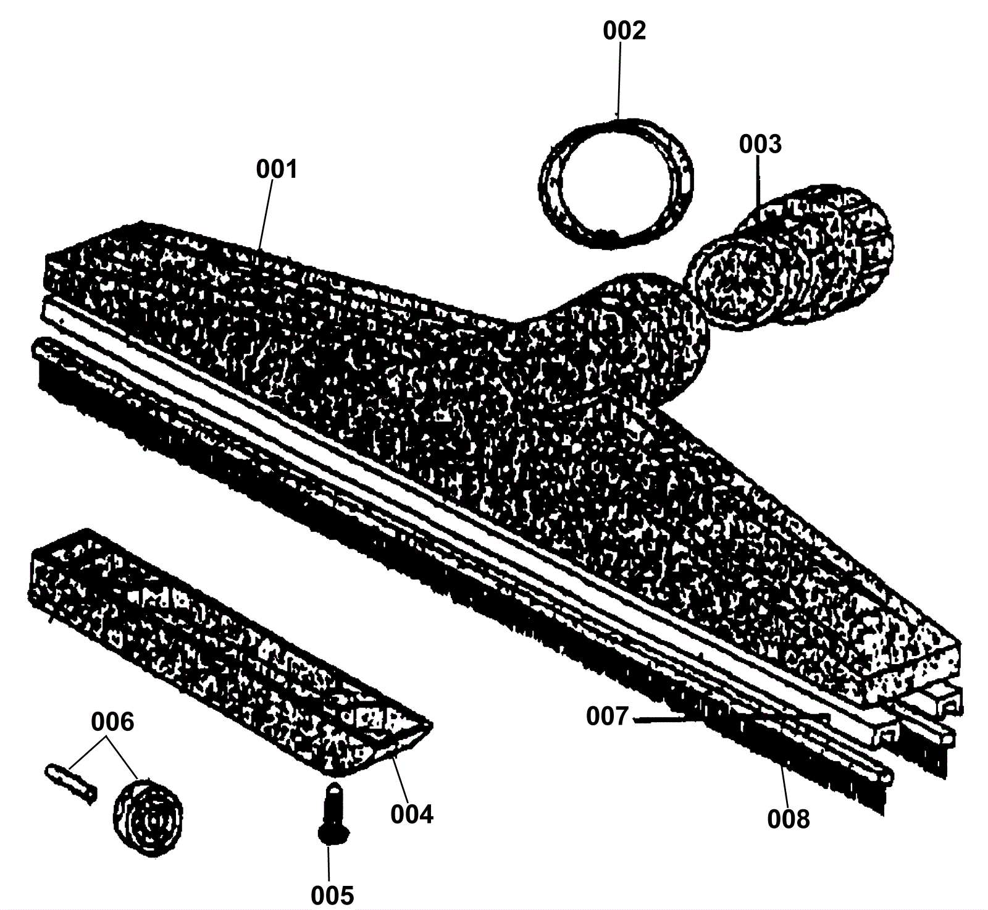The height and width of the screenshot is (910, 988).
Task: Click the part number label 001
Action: point(277,169)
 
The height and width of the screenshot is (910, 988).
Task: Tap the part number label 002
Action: point(624,31)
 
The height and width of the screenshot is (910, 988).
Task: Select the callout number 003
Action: point(760,145)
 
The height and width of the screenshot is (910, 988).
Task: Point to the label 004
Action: point(412,814)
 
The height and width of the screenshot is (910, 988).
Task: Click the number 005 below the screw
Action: point(332,894)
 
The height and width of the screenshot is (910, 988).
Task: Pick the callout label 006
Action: point(112,721)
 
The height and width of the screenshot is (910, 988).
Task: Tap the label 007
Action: point(607,717)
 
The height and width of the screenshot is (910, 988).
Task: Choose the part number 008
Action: point(788,819)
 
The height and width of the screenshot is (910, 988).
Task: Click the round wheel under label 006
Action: point(148,815)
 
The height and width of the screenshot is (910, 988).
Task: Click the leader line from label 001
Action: point(266,213)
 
